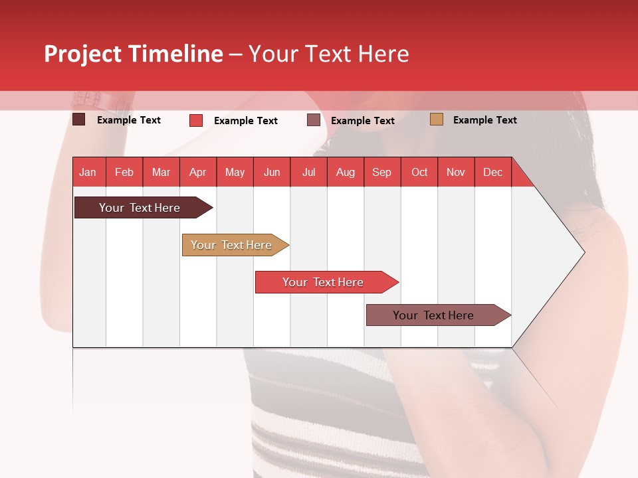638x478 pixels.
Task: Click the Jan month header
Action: tap(88, 172)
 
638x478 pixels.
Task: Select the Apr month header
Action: tap(197, 172)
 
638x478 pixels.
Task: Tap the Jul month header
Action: tap(308, 172)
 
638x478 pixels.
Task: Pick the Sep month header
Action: tap(381, 172)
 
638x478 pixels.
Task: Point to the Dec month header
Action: tap(492, 172)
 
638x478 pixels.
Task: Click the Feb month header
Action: tap(124, 172)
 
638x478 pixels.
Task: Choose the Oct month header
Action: tap(419, 172)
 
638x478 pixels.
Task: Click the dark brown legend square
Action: tap(79, 119)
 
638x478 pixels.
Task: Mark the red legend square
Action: tap(196, 120)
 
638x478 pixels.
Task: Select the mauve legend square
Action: tap(314, 120)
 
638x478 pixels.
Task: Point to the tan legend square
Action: tap(437, 119)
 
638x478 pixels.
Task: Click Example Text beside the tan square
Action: tap(484, 120)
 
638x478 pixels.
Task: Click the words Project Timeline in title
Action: tap(134, 54)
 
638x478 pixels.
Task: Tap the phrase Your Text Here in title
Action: tap(328, 54)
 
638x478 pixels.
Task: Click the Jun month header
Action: tap(271, 172)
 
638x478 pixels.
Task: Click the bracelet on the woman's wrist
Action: tap(106, 101)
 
